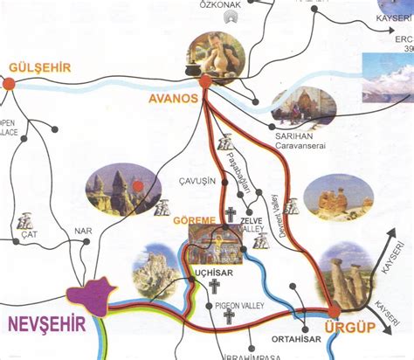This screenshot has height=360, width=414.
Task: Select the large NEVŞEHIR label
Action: (x=47, y=324)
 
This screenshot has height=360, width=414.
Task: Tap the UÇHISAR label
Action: (x=214, y=273)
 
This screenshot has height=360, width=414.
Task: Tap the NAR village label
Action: (x=83, y=232)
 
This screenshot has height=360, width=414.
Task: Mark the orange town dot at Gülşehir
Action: (x=9, y=84)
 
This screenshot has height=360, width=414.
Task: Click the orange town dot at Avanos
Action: (x=204, y=82)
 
